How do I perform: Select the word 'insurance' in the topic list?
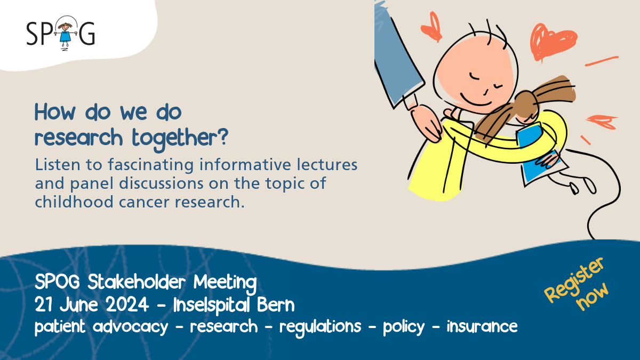click(x=482, y=326)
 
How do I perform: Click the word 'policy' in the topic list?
click(x=404, y=326)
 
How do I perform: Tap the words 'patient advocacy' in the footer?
click(x=101, y=326)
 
